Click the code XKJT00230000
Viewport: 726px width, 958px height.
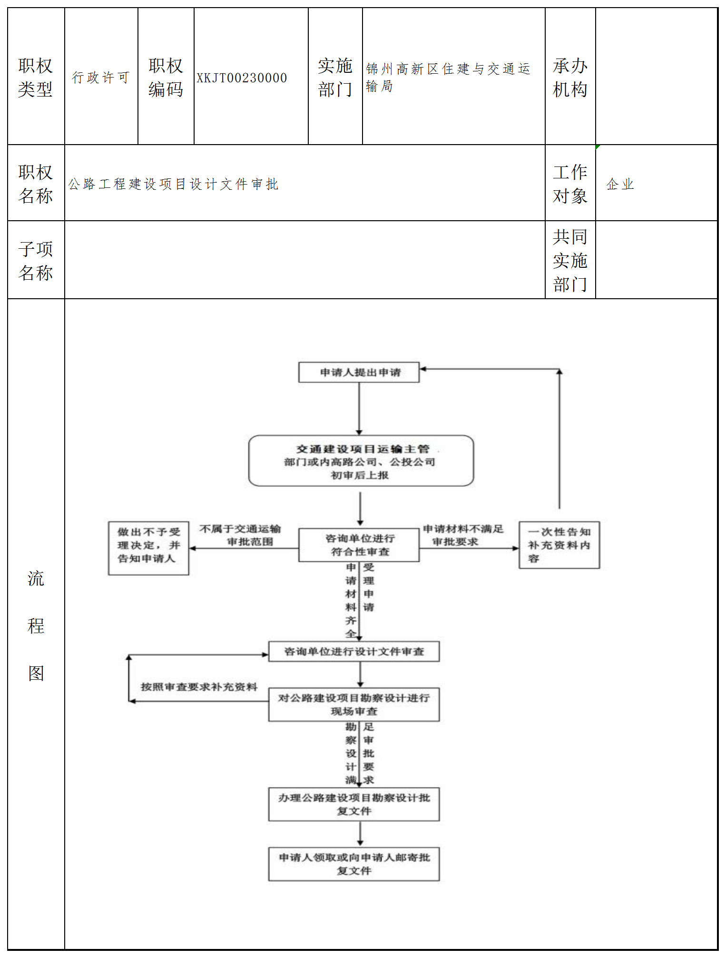click(x=242, y=78)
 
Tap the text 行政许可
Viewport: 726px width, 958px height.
click(x=100, y=78)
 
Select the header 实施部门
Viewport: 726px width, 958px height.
click(x=335, y=78)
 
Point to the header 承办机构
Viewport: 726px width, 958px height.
click(x=570, y=78)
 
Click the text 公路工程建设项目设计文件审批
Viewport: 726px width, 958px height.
click(x=173, y=184)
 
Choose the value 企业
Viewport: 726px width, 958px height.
click(x=620, y=184)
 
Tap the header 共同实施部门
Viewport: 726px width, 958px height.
click(x=570, y=260)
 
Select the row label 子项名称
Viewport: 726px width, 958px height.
click(x=36, y=261)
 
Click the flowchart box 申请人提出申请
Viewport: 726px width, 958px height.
click(x=359, y=372)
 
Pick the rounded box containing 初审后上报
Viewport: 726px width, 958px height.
click(x=361, y=461)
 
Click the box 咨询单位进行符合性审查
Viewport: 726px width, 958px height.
click(x=359, y=545)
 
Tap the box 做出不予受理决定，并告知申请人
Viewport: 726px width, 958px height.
click(x=148, y=548)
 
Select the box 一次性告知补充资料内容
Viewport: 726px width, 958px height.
click(x=559, y=545)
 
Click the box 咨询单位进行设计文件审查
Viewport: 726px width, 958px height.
click(x=353, y=652)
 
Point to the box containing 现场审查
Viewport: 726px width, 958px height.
click(x=353, y=704)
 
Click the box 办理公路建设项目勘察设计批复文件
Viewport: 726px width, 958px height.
click(x=353, y=804)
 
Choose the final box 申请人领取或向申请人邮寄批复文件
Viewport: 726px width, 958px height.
click(x=353, y=864)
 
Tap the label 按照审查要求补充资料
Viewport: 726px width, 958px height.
click(x=199, y=687)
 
